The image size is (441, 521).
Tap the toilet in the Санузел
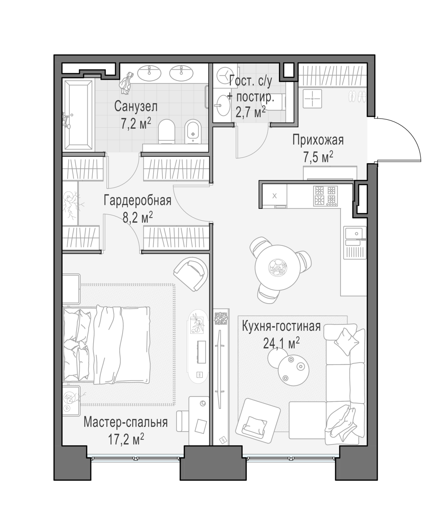[167, 131]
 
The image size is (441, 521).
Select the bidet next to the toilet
[193, 131]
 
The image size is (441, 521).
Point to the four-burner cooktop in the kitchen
[325, 196]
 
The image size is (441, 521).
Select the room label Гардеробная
[137, 201]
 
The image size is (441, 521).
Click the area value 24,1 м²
[281, 343]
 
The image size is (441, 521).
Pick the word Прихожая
[318, 140]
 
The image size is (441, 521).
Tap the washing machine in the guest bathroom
[224, 75]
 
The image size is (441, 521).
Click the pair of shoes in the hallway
[357, 97]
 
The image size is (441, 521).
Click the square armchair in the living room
[258, 424]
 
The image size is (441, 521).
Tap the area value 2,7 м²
[250, 112]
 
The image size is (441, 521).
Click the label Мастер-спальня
[125, 422]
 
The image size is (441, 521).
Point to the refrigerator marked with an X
[275, 196]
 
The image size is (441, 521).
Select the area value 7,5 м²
[318, 157]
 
